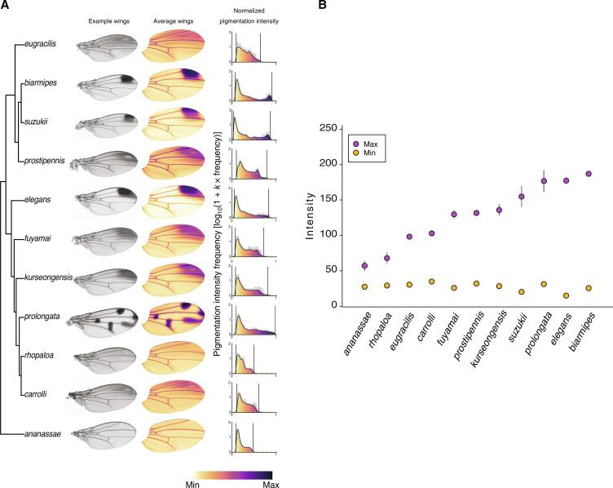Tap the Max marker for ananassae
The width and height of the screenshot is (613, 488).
tap(364, 266)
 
